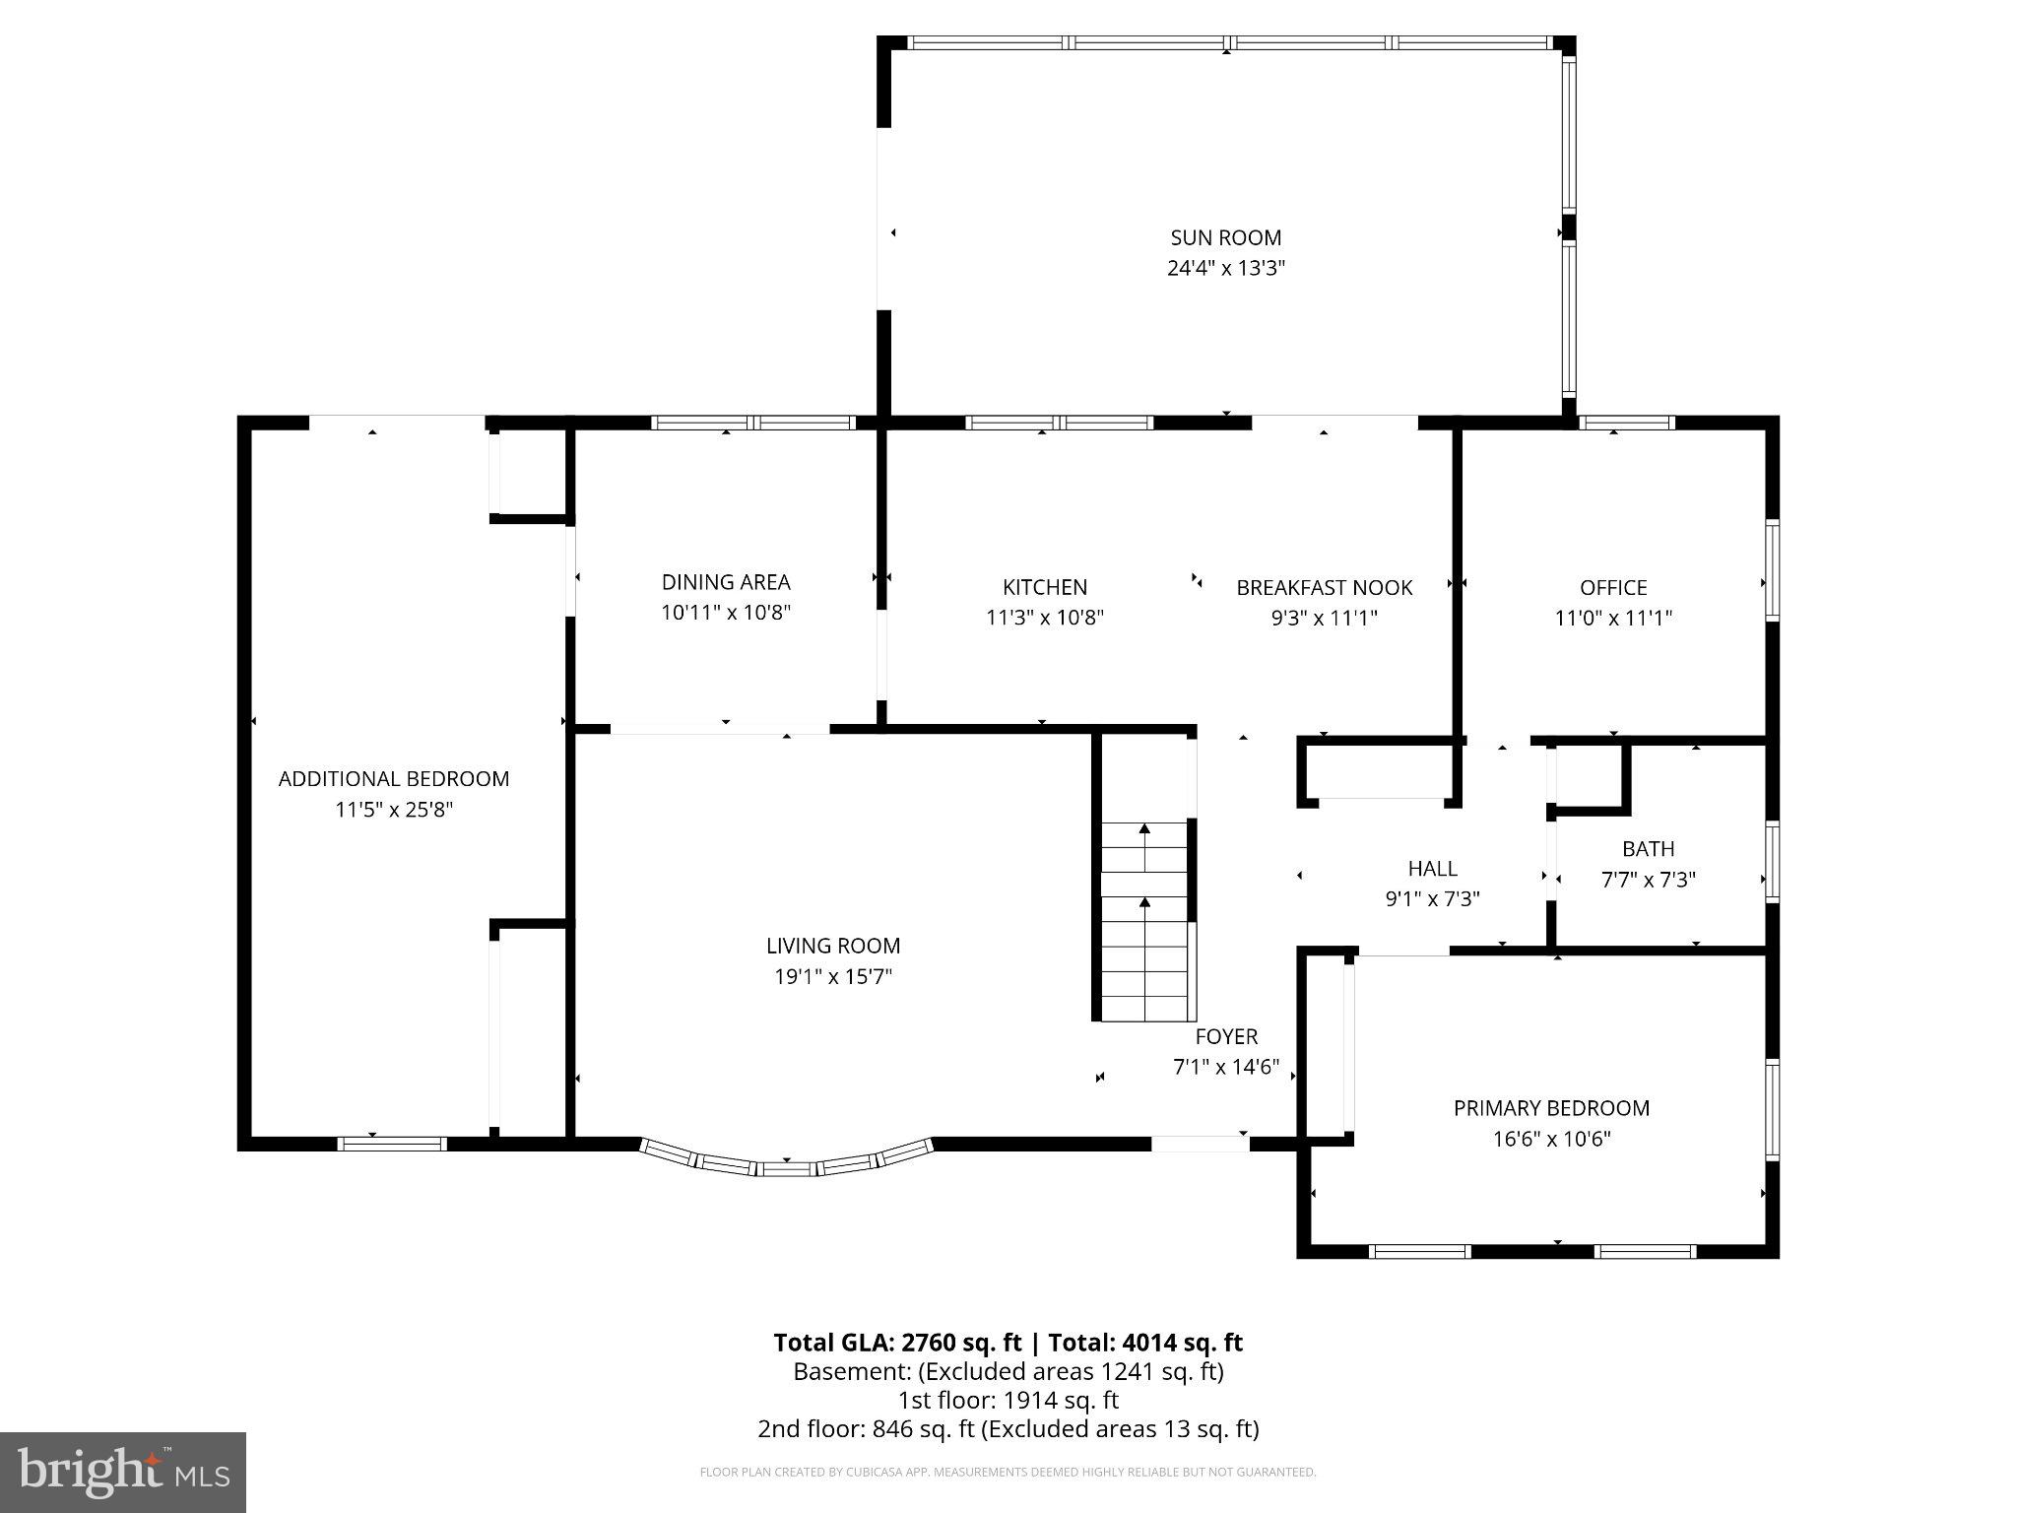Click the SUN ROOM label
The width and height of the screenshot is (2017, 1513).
(1225, 237)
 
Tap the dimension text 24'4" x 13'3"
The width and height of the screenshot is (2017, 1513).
(1225, 268)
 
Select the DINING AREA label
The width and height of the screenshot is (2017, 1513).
(725, 582)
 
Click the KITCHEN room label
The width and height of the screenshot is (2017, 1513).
(1044, 587)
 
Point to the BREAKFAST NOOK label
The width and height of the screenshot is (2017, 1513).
(1324, 588)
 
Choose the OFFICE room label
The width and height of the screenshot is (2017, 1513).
(1612, 588)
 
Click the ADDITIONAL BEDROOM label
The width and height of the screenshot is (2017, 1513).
(394, 779)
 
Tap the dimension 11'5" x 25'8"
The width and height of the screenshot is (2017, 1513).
(394, 810)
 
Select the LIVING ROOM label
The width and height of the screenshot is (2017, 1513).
(832, 947)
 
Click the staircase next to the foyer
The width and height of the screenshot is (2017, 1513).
(1144, 921)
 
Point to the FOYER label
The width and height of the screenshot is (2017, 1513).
(1226, 1036)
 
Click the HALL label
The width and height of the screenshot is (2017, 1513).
(1432, 869)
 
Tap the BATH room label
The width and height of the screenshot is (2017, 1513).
(1648, 849)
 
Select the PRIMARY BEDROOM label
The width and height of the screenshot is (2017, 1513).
(1551, 1108)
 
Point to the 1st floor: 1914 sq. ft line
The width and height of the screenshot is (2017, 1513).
(1008, 1400)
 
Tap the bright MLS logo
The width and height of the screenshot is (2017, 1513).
(123, 1473)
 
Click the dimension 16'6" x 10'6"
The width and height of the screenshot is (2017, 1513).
(1551, 1140)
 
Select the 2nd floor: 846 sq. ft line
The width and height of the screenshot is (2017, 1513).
(1008, 1428)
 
